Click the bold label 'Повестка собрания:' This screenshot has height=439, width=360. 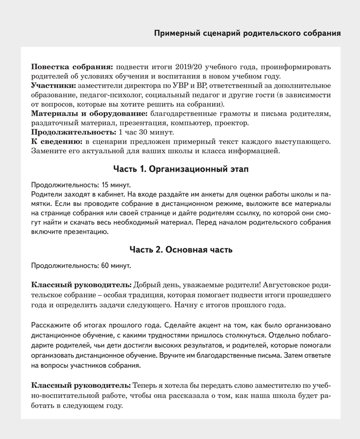pyautogui.click(x=72, y=66)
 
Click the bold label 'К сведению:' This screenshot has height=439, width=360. pyautogui.click(x=57, y=141)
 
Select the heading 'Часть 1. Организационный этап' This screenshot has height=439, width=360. pyautogui.click(x=180, y=169)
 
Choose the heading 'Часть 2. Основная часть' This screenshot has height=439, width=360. pyautogui.click(x=180, y=250)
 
